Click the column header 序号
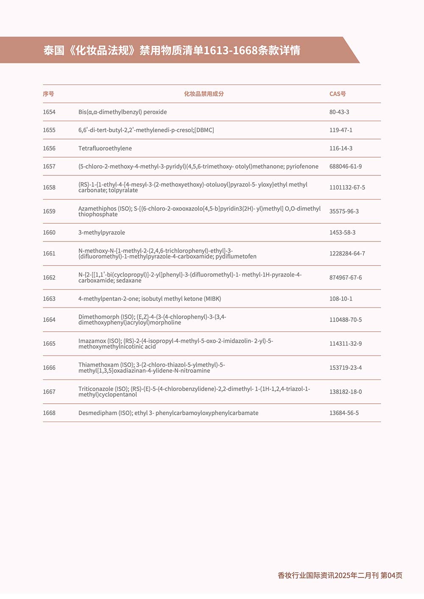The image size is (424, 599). point(48,94)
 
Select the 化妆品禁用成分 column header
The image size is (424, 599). point(204,94)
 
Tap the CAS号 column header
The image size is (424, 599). point(338,94)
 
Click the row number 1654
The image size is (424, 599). point(49,112)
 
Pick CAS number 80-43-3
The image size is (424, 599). point(339,112)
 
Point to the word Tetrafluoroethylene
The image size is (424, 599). point(105,148)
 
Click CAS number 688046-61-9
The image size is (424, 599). point(346,166)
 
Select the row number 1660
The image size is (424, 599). point(49,233)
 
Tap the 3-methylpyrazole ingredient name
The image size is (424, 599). point(102,233)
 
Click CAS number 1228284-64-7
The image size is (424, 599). point(347,254)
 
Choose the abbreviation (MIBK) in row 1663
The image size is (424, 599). point(212,299)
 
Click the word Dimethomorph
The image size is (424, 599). point(99,317)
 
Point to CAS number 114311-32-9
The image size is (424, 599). point(346,344)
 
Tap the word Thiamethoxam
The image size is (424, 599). point(98,365)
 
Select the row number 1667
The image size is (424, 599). point(49,392)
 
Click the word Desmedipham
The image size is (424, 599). point(98,413)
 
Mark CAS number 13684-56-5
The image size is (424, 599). point(344,413)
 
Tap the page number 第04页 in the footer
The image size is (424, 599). point(391,575)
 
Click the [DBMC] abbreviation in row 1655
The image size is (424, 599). point(204,130)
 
